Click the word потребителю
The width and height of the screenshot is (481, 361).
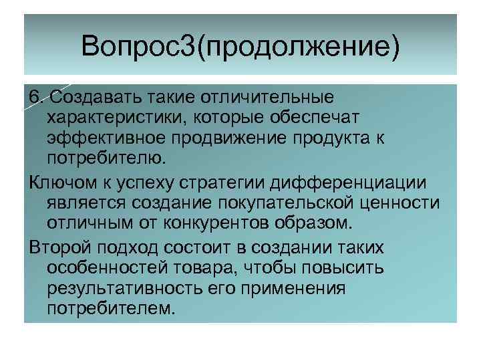pyautogui.click(x=104, y=158)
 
